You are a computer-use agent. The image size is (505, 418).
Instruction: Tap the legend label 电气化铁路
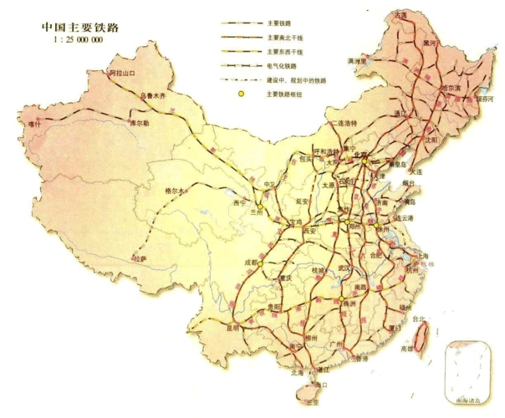point(282,64)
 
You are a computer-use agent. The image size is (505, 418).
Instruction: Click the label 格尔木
point(178,190)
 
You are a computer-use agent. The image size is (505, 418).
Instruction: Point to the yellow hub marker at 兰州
point(261,204)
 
